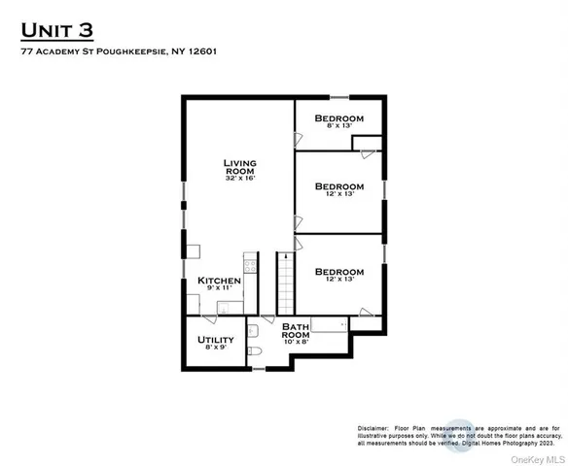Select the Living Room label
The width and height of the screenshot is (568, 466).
click(239, 166)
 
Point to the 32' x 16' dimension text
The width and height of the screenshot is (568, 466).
click(239, 179)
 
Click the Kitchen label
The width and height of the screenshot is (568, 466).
click(219, 281)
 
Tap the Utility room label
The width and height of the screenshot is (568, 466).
click(215, 340)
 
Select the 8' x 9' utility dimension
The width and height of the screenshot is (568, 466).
click(215, 349)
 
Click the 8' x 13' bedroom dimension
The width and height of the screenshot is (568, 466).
click(339, 127)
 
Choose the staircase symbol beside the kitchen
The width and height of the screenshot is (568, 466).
click(286, 283)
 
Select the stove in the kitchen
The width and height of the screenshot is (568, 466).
click(250, 262)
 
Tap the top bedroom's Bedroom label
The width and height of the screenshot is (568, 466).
click(339, 118)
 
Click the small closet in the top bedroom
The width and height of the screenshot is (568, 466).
click(366, 145)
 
